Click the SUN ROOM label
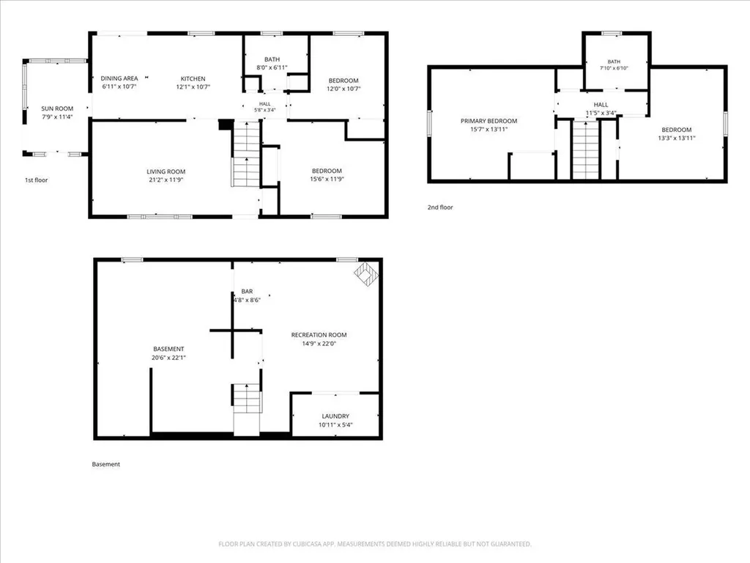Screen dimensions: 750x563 (57, 108)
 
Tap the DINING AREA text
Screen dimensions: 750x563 (119, 78)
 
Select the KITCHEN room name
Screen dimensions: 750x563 (193, 79)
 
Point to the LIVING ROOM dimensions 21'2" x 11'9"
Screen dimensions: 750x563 (166, 180)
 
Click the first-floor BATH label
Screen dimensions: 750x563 (272, 59)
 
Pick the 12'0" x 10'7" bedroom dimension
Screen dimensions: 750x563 (344, 89)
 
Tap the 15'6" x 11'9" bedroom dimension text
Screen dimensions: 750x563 (327, 179)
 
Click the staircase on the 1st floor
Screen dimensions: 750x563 (246, 154)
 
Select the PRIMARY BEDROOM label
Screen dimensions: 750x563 (489, 121)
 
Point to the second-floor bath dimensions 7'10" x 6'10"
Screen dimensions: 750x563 (615, 68)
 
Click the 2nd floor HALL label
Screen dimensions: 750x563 (601, 105)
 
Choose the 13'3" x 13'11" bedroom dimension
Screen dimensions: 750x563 (677, 138)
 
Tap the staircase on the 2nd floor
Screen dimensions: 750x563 (586, 150)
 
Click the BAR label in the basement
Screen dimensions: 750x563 (247, 292)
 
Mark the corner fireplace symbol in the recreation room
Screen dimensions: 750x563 (366, 274)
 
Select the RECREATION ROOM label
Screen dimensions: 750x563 (319, 335)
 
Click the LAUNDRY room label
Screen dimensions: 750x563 (335, 416)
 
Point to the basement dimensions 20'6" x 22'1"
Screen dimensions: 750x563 (169, 358)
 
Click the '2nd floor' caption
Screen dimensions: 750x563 (440, 207)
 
